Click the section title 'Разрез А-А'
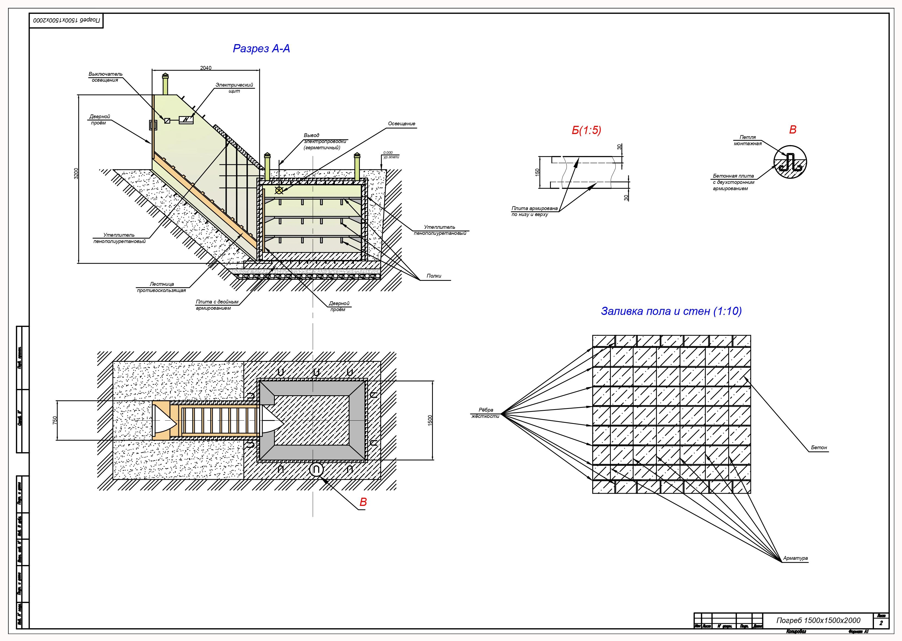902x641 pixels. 261,48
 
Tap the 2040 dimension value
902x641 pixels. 206,68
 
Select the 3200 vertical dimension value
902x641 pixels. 76,173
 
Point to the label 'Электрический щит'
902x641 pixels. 234,88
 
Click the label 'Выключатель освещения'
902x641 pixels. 105,77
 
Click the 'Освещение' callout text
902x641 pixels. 402,124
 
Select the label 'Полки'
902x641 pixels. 434,276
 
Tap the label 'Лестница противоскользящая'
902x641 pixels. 162,287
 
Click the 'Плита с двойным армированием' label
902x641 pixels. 217,305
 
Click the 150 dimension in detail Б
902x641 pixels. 537,172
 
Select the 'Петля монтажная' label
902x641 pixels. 748,140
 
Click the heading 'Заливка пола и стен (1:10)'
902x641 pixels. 671,311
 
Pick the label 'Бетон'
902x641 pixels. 819,448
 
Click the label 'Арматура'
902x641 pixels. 795,558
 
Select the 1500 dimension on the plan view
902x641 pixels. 430,420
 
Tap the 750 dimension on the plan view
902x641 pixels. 55,420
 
